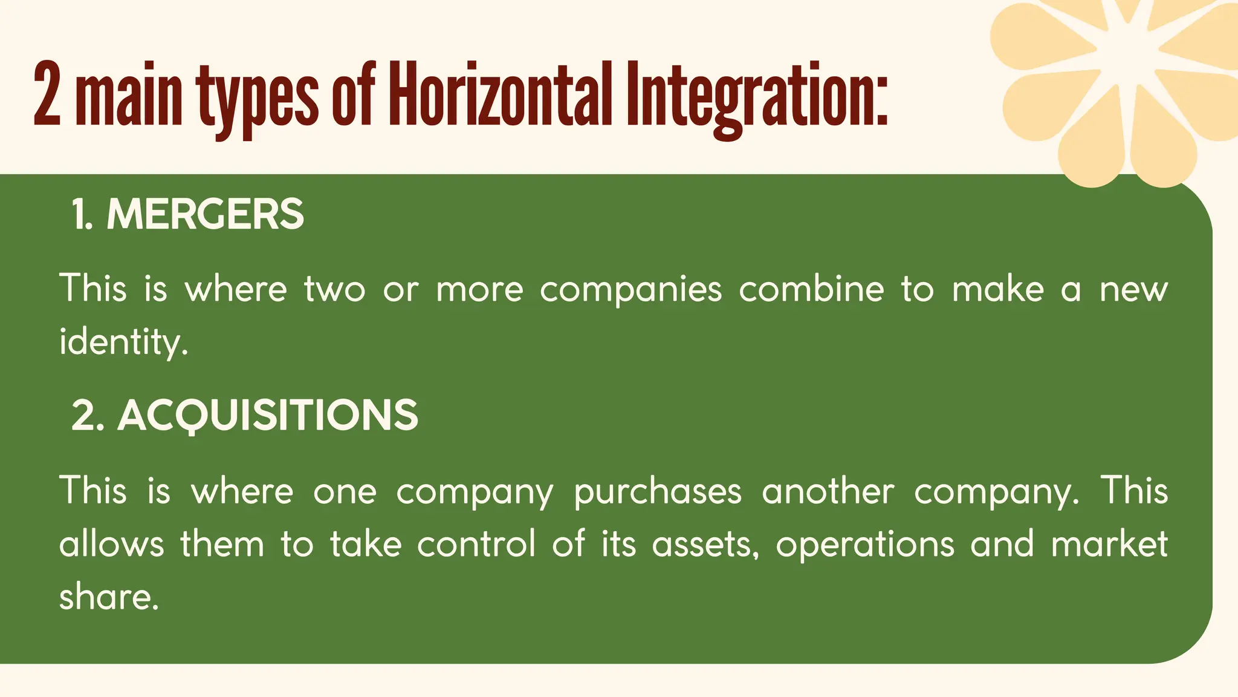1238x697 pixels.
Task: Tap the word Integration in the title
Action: click(x=756, y=97)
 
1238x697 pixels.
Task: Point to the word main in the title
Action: click(x=129, y=97)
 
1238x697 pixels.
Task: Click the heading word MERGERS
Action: click(x=205, y=214)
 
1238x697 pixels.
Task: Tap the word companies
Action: click(x=630, y=290)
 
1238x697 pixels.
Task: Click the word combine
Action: click(x=811, y=289)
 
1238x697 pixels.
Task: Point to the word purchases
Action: click(x=657, y=491)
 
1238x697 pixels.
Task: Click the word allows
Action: click(x=111, y=543)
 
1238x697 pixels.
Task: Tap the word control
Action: click(x=476, y=543)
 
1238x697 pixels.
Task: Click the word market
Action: click(x=1109, y=543)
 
